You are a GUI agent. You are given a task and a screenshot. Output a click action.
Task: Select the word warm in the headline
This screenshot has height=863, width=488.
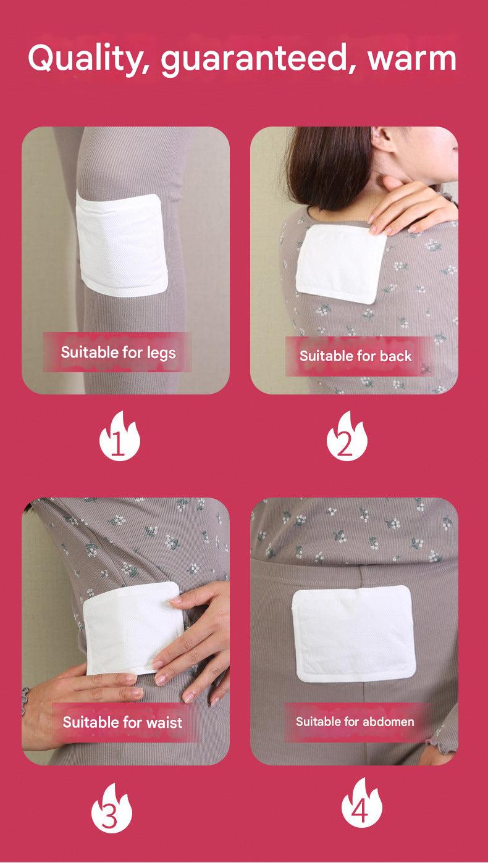412,59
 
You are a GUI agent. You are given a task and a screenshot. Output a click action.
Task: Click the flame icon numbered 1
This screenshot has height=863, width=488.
119,436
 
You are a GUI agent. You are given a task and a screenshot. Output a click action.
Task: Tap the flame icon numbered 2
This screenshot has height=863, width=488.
347,436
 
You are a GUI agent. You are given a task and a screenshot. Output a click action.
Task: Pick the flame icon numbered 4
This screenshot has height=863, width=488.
361,804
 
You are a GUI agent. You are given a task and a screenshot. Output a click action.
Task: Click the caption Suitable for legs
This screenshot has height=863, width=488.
118,353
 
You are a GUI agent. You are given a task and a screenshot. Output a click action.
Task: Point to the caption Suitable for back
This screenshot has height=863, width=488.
356,356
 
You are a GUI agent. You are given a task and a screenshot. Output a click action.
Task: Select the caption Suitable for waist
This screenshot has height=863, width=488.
122,722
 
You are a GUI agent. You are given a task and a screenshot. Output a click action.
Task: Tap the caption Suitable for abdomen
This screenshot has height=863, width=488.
355,721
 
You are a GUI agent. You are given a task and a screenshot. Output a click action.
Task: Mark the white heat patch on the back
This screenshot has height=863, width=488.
341,264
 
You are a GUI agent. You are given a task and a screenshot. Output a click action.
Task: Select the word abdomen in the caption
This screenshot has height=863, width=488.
389,721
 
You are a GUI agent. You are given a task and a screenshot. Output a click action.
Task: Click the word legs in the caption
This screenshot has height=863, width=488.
161,354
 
